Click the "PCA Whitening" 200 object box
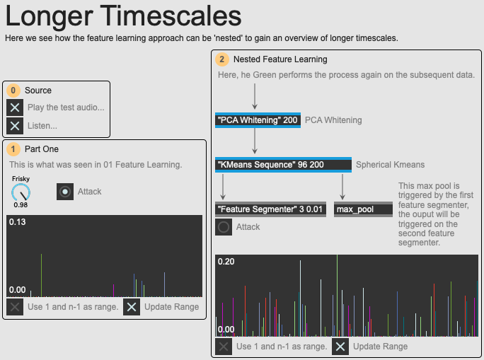(258, 120)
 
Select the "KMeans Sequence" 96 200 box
(283, 164)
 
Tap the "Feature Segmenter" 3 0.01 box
(270, 209)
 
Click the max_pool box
(363, 209)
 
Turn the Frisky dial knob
(21, 193)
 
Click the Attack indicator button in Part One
(65, 192)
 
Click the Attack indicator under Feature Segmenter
(224, 227)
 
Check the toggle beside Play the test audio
(15, 108)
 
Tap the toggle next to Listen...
(15, 126)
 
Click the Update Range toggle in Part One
(132, 307)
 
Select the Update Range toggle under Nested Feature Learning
(340, 347)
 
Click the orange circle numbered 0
(13, 91)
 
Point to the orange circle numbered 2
(222, 59)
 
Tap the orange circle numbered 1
(13, 149)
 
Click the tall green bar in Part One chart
(41, 275)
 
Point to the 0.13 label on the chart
(18, 222)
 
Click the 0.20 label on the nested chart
(226, 262)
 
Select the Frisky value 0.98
(21, 205)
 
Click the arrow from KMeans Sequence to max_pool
(342, 187)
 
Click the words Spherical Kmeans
(390, 165)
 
